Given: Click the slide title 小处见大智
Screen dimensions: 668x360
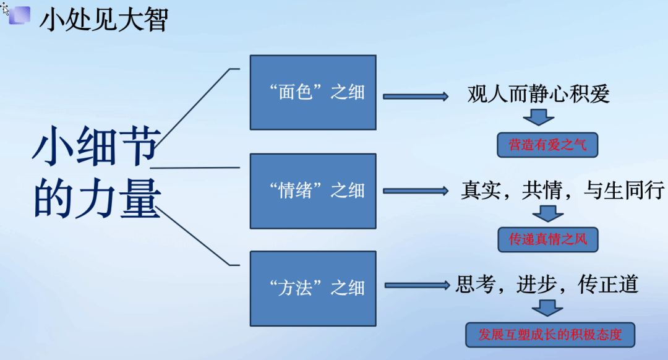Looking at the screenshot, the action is coord(104,20).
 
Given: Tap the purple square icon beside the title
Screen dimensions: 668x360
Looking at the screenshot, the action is coord(20,15).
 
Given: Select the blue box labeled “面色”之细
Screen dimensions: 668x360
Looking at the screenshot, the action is coord(313,92).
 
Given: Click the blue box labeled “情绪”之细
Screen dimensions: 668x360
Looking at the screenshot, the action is coord(313,191).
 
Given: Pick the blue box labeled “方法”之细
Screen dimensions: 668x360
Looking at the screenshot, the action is coord(313,288).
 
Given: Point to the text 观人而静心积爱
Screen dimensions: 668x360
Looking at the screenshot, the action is coord(539,94).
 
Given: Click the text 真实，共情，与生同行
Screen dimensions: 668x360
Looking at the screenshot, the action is coord(562,190).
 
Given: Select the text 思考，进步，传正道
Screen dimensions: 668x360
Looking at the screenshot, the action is coord(547,284).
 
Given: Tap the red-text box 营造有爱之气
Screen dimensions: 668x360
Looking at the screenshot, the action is coord(547,145).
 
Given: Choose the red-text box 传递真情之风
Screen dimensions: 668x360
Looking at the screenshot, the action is coord(548,239).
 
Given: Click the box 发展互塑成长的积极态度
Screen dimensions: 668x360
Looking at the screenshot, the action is coord(550,335).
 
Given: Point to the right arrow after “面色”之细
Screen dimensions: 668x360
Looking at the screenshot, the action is coord(416,96).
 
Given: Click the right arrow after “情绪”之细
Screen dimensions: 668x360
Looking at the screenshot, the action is coord(416,191).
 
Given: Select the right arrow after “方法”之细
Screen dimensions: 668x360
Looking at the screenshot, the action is coord(417,285).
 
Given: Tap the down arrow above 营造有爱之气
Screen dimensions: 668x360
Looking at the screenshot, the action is coord(539,117).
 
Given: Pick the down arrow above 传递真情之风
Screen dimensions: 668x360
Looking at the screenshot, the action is coord(548,213).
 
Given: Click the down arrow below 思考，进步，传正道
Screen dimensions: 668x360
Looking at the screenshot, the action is coord(547,308).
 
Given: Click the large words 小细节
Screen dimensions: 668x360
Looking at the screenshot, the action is coord(96,146).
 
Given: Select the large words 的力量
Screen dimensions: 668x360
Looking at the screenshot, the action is coord(97,199).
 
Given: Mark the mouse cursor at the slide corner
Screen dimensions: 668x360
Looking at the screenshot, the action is coord(5,9).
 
